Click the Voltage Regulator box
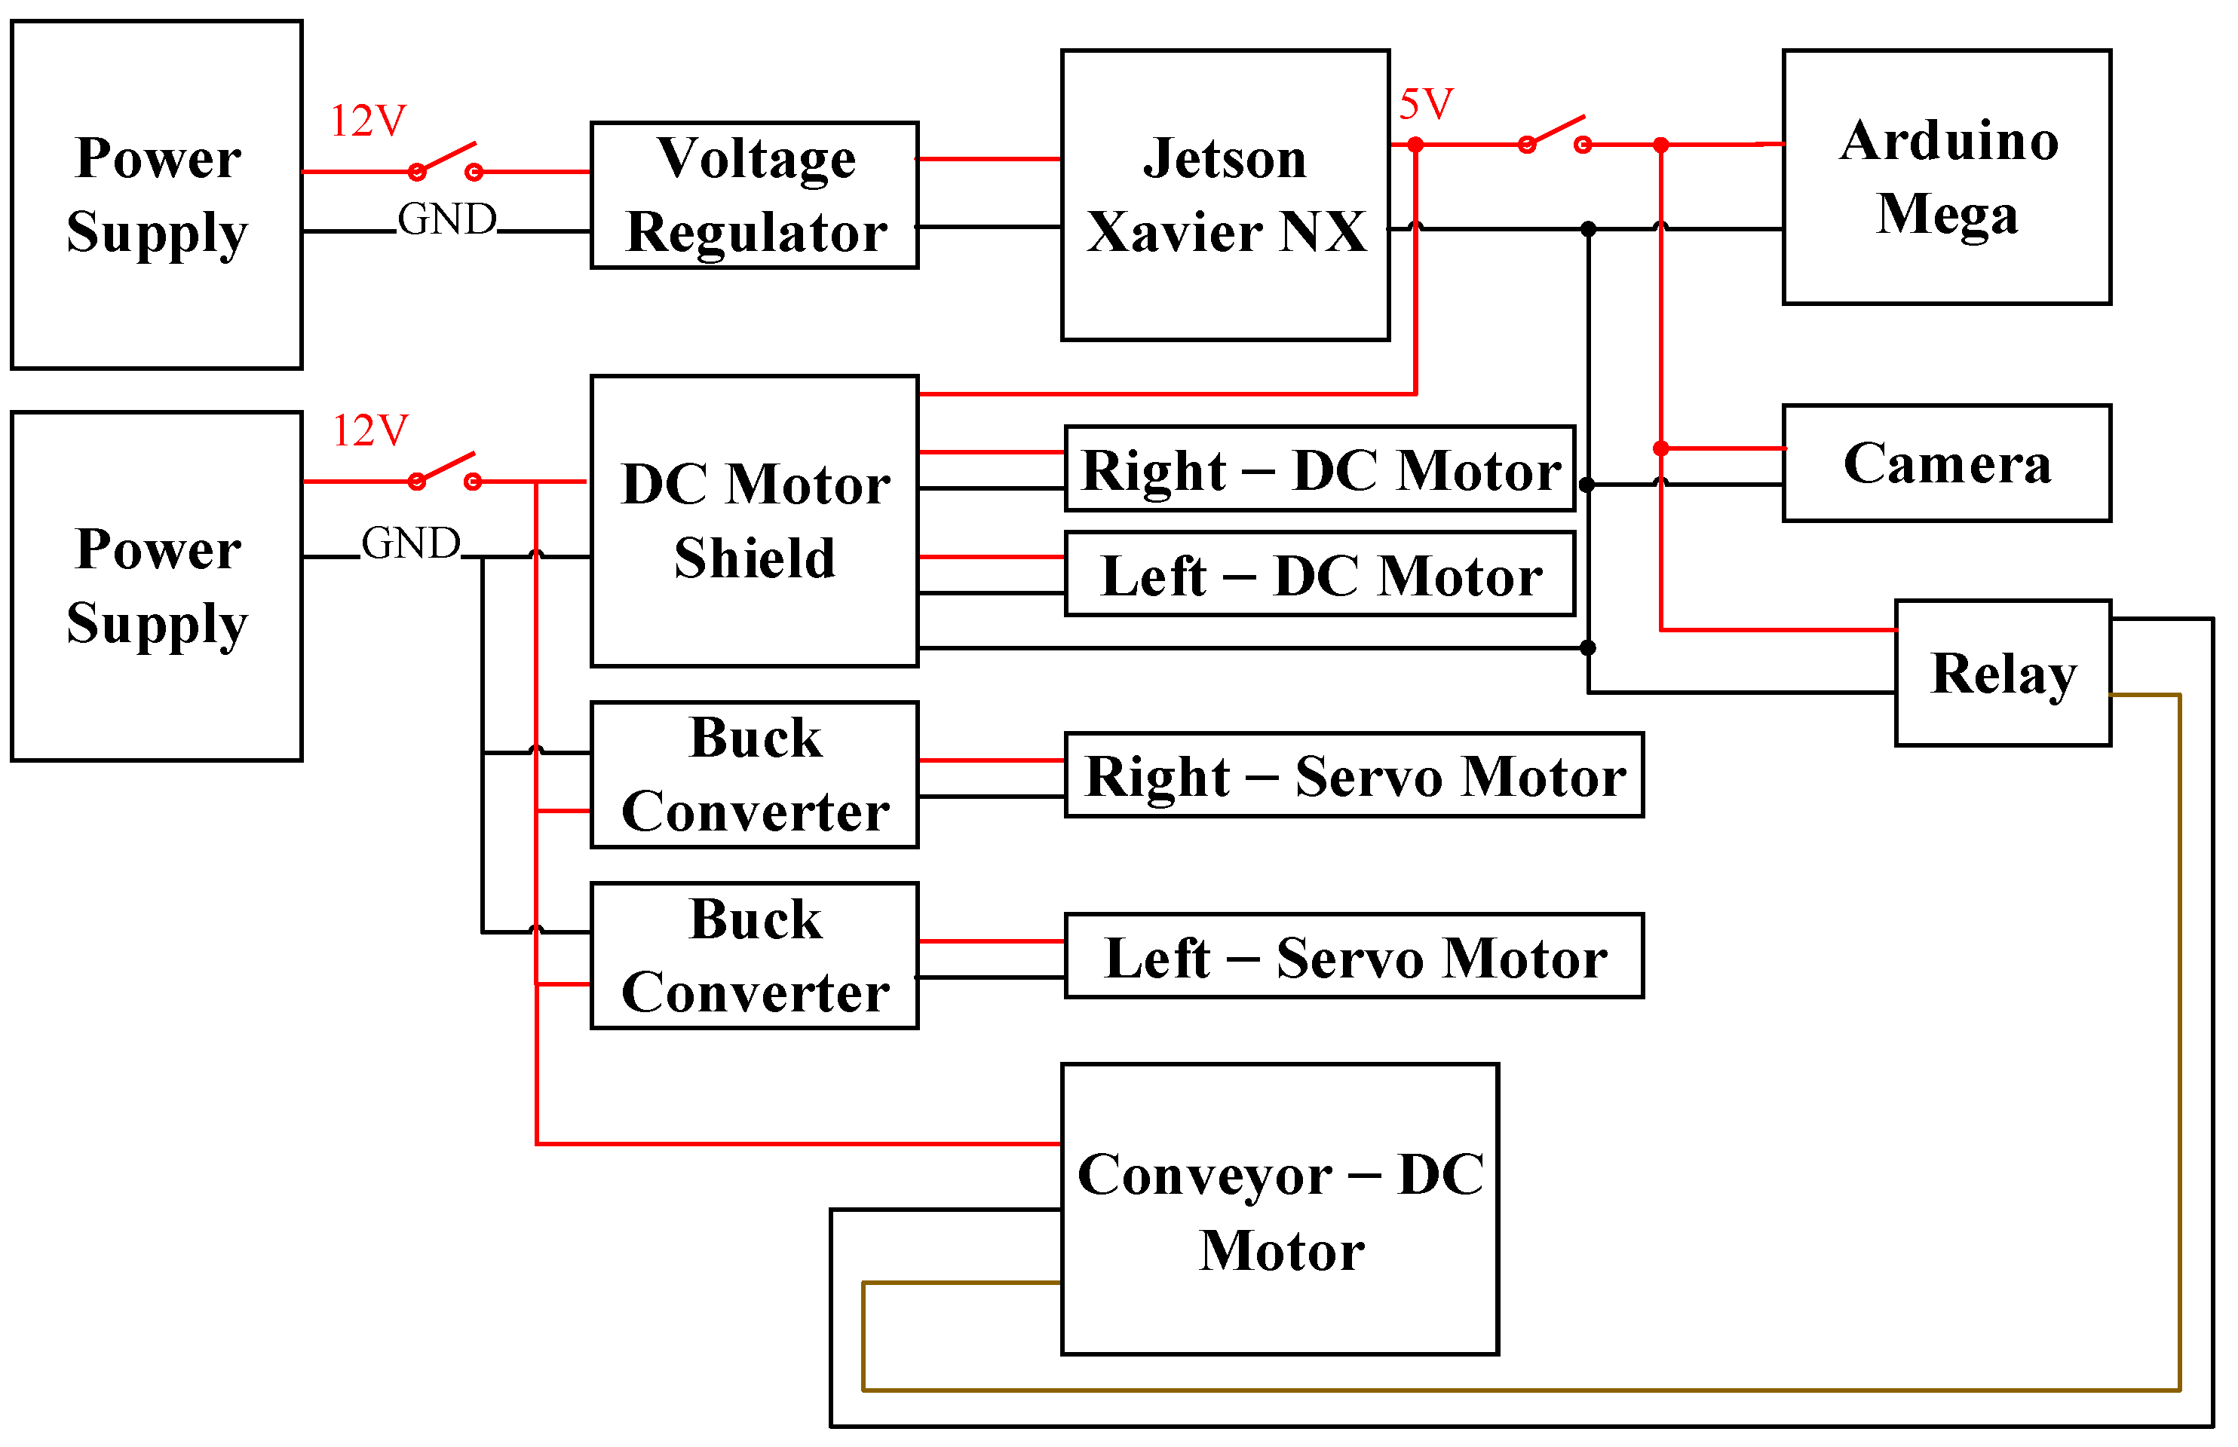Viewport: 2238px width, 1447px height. [x=754, y=194]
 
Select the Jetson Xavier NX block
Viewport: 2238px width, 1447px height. [x=1224, y=194]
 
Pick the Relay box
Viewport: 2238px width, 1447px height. [x=2002, y=673]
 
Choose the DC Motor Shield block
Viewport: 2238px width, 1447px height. [x=754, y=521]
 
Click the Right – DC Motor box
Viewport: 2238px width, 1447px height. [x=1319, y=469]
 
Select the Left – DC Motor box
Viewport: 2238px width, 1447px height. [x=1319, y=574]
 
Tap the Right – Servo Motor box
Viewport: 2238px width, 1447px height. [x=1354, y=776]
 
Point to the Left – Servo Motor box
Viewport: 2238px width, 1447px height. [x=1354, y=956]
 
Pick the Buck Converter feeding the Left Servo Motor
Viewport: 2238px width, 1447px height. [x=754, y=956]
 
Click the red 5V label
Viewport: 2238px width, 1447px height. [x=1425, y=104]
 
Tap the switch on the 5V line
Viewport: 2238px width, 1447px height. [x=1554, y=134]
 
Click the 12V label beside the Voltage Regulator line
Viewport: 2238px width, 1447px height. [x=367, y=121]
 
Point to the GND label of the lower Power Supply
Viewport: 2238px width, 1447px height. [x=411, y=544]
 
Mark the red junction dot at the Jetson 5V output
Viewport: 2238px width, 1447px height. [x=1415, y=145]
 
